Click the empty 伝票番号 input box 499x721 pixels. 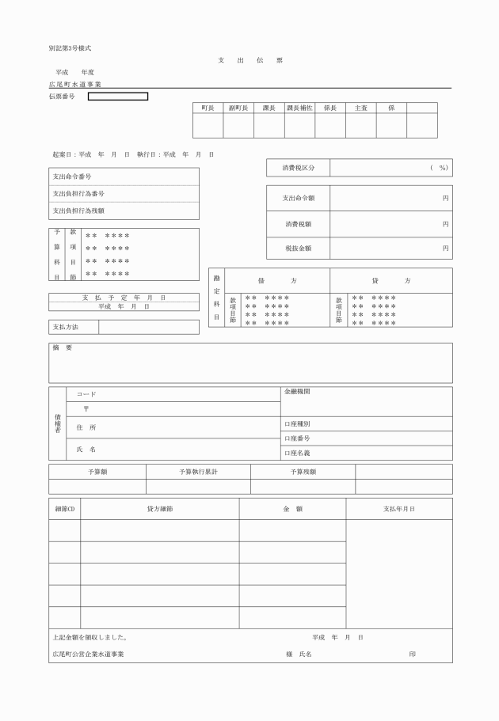[x=117, y=97]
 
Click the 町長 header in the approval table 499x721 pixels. [x=208, y=108]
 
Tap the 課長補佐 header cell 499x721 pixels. [x=299, y=108]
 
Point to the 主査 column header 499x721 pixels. [x=360, y=108]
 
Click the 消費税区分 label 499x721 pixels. [x=298, y=168]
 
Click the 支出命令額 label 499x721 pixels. [x=298, y=198]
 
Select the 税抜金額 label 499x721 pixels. [x=298, y=248]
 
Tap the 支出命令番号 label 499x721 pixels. [x=72, y=176]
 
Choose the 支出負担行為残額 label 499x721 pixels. [x=78, y=211]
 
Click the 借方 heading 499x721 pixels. [x=276, y=281]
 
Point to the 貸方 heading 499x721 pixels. [x=391, y=281]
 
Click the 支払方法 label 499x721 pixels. [x=65, y=327]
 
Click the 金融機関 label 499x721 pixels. [x=296, y=392]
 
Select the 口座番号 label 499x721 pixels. [x=297, y=438]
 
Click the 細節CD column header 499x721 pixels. [x=64, y=509]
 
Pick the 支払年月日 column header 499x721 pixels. [x=398, y=509]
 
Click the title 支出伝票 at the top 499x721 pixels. [x=249, y=60]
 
